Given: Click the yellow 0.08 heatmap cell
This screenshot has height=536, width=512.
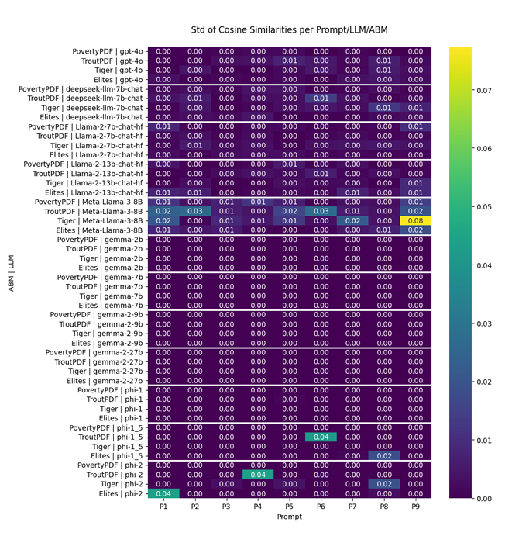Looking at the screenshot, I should pyautogui.click(x=415, y=220).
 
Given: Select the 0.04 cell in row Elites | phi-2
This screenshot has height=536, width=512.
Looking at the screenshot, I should pyautogui.click(x=163, y=493).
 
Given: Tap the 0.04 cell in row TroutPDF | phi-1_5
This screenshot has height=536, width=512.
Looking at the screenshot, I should pyautogui.click(x=321, y=437).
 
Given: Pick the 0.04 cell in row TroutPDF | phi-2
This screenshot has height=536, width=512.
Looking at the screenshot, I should pyautogui.click(x=258, y=475).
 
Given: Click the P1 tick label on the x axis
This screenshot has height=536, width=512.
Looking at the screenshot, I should pyautogui.click(x=163, y=507).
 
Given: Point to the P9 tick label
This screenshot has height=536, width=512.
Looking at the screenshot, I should pyautogui.click(x=415, y=507).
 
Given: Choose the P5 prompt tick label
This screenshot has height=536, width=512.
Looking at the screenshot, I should pyautogui.click(x=290, y=507).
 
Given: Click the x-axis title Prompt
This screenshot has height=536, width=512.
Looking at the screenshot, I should pyautogui.click(x=290, y=517).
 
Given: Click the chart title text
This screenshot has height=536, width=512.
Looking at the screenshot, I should pyautogui.click(x=290, y=29).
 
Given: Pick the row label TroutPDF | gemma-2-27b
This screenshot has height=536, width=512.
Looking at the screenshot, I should pyautogui.click(x=99, y=361).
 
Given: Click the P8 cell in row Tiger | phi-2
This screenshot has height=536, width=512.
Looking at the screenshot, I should pyautogui.click(x=384, y=484).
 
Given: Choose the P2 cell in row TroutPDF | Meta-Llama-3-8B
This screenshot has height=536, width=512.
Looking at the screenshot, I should pyautogui.click(x=194, y=211).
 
